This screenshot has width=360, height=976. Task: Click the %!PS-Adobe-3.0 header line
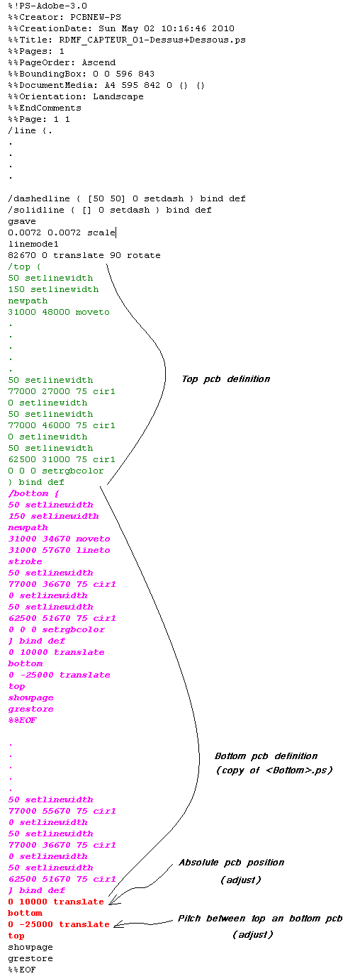pyautogui.click(x=47, y=6)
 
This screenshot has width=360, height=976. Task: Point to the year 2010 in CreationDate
pyautogui.click(x=223, y=28)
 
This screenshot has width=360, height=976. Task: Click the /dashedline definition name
pyautogui.click(x=39, y=198)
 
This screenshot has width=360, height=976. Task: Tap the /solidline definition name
pyautogui.click(x=36, y=210)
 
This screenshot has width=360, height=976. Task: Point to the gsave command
pyautogui.click(x=22, y=221)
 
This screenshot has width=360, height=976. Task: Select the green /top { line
pyautogui.click(x=24, y=267)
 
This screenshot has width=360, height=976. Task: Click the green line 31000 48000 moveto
pyautogui.click(x=59, y=312)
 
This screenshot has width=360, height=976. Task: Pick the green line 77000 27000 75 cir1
pyautogui.click(x=62, y=391)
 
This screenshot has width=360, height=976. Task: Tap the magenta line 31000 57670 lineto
pyautogui.click(x=59, y=550)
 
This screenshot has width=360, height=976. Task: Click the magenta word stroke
pyautogui.click(x=25, y=561)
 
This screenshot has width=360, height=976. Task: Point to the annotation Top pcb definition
pyautogui.click(x=226, y=379)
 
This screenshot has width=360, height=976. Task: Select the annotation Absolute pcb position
pyautogui.click(x=232, y=863)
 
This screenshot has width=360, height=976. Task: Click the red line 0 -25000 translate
pyautogui.click(x=59, y=924)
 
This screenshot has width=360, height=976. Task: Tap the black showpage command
pyautogui.click(x=30, y=947)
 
